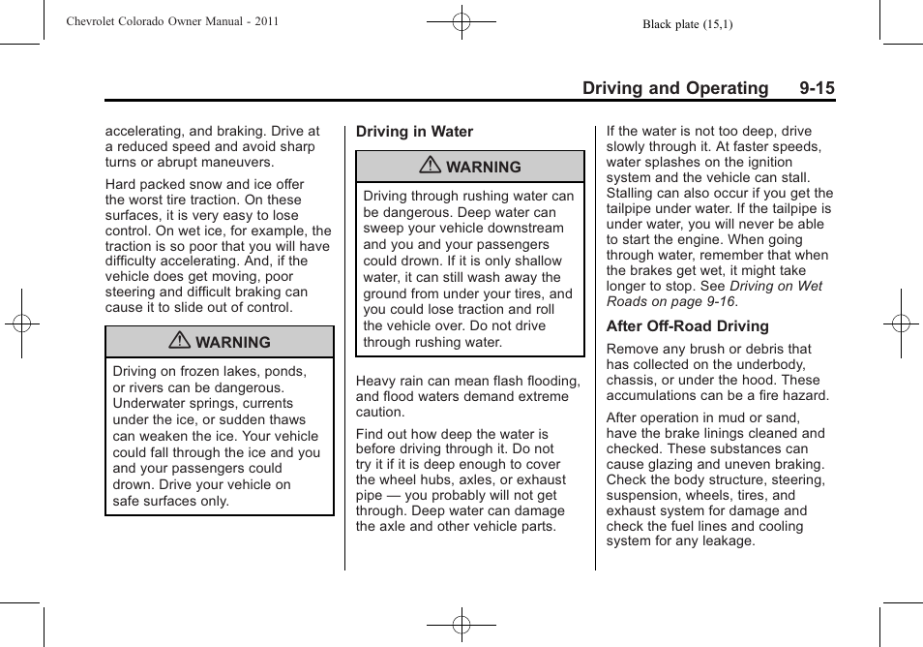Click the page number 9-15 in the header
(x=817, y=88)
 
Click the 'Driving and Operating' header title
(x=675, y=88)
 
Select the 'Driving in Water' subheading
(x=414, y=132)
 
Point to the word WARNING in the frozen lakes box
(x=232, y=343)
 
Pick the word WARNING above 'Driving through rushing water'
(x=483, y=168)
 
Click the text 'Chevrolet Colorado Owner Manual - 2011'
(x=172, y=21)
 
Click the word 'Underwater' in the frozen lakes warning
(x=148, y=404)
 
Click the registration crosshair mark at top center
(x=461, y=21)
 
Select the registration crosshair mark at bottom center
(x=461, y=625)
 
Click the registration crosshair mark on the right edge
(x=901, y=323)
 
